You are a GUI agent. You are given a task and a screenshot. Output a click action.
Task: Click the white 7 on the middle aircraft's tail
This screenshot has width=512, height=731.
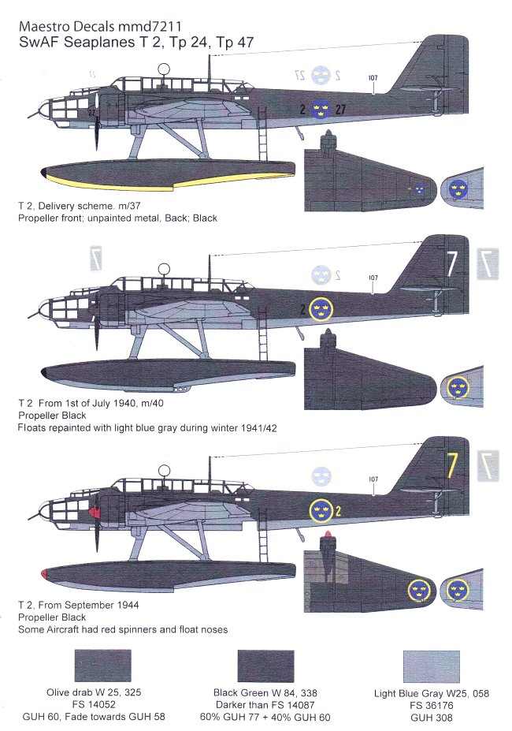[449, 264]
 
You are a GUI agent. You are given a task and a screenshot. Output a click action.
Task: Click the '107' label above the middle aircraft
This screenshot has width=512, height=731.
[373, 278]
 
